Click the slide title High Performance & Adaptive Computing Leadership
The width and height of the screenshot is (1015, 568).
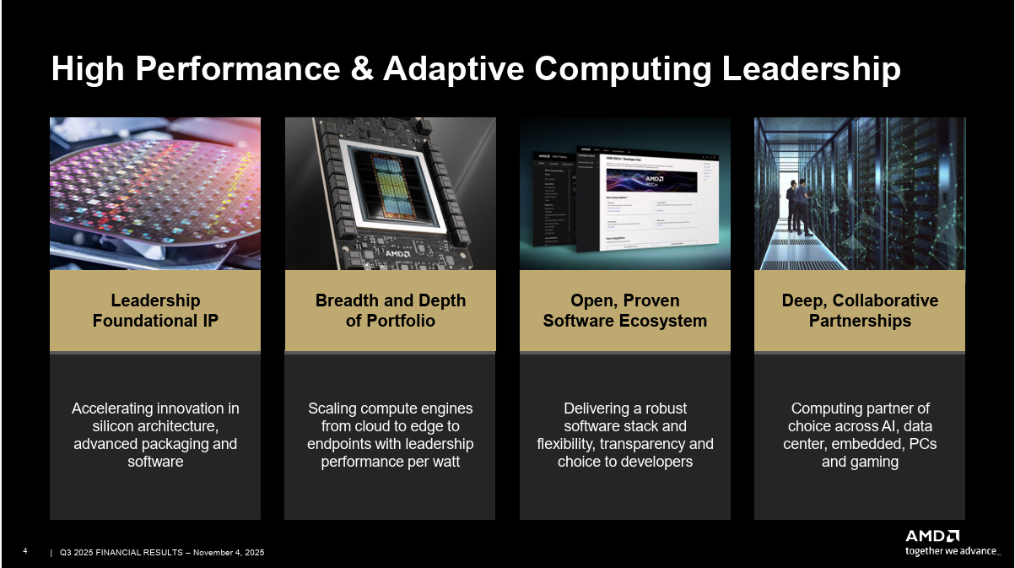tap(475, 69)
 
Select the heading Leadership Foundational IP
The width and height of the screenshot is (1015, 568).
tap(155, 311)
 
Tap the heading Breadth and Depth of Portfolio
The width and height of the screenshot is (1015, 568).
tap(390, 311)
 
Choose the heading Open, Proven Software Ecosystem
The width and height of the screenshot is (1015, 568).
tap(624, 311)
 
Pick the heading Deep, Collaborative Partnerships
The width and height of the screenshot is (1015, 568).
tap(859, 311)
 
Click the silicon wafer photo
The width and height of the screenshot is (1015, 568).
tap(155, 193)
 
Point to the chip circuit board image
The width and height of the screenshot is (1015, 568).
tap(390, 193)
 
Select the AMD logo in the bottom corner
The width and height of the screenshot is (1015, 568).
tap(931, 536)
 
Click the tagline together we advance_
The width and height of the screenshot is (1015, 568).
tap(953, 551)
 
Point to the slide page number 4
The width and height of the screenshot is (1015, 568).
tap(25, 552)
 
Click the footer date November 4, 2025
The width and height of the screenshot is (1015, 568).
tap(229, 553)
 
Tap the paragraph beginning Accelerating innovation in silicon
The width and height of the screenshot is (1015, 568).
tap(155, 435)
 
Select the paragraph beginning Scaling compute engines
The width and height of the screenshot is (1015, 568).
tap(390, 435)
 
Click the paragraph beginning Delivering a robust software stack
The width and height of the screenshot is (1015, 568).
tap(624, 435)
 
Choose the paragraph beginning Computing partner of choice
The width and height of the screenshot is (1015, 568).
tap(859, 435)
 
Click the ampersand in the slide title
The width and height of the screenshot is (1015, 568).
tap(362, 69)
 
